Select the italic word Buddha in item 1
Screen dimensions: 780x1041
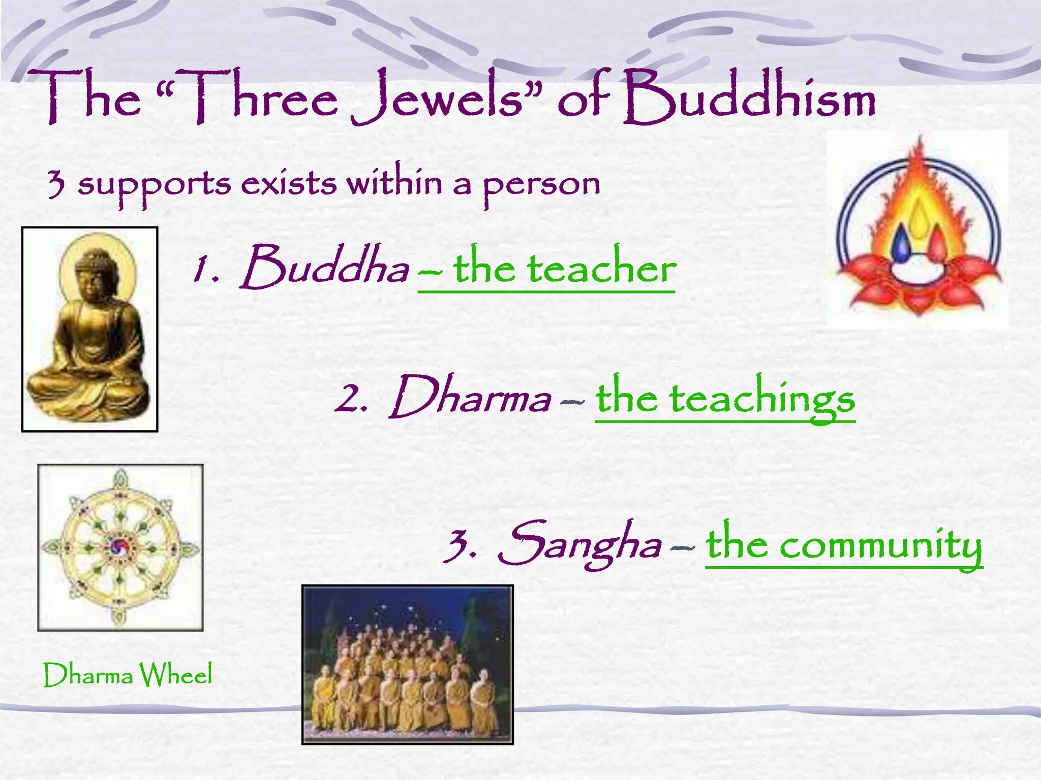click(325, 267)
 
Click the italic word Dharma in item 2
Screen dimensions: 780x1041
click(471, 397)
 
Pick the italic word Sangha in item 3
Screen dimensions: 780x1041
click(579, 543)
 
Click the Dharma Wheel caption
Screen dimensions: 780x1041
click(127, 675)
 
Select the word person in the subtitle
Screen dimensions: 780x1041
click(541, 184)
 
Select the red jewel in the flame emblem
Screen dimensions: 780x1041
click(936, 244)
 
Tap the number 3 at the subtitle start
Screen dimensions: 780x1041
click(56, 184)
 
